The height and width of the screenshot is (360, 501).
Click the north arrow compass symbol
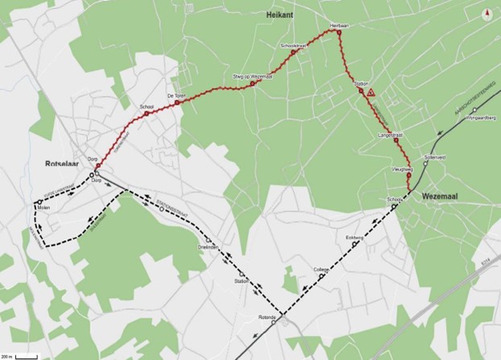pos(486,14)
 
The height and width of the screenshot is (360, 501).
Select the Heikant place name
pos(279,15)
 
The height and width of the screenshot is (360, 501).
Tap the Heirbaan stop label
pos(339,26)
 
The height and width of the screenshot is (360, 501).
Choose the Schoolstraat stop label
pos(295,46)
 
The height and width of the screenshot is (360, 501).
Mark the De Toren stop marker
pos(176,103)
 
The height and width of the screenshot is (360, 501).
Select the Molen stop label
pos(43,208)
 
